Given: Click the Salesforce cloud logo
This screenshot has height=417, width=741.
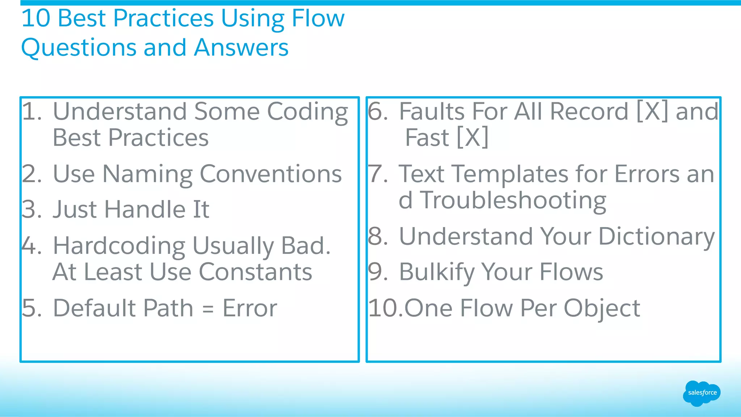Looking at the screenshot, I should (702, 393).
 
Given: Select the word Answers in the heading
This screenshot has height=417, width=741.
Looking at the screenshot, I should (241, 47).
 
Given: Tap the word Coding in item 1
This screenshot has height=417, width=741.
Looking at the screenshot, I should (308, 112).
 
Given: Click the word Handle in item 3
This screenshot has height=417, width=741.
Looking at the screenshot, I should (145, 209).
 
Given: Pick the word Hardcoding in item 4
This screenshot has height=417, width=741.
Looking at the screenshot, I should (119, 246).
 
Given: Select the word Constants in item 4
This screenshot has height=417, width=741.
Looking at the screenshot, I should (255, 272).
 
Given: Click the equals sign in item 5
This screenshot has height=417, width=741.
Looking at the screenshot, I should (208, 309).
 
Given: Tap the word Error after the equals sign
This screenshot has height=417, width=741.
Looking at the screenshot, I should (250, 308).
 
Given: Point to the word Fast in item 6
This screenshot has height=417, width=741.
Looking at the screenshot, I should (427, 137).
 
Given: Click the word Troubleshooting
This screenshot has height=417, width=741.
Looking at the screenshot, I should (513, 200).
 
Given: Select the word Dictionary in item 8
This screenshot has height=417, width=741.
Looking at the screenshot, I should (656, 237).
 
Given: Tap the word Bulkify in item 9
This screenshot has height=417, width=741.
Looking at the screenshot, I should (436, 272).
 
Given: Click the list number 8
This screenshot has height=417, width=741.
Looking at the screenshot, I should (377, 237).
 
